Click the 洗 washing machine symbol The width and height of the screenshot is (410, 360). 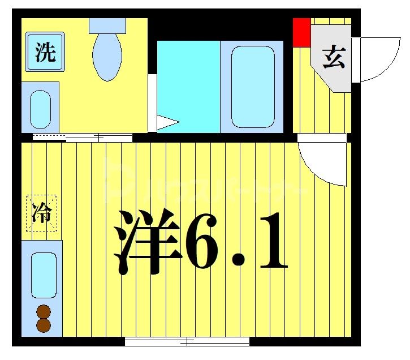click(45, 52)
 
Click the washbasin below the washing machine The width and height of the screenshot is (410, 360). click(40, 108)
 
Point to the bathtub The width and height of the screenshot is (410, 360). click(253, 86)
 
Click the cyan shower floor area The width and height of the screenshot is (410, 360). click(188, 79)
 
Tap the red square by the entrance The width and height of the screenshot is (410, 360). click(301, 32)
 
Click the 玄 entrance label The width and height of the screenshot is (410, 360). click(333, 57)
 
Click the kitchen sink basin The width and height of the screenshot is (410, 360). click(44, 275)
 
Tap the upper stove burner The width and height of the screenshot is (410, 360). click(44, 312)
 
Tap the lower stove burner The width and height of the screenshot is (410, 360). click(44, 325)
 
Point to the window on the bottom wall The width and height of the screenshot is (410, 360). click(187, 341)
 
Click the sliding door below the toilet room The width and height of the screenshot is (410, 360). click(83, 138)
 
